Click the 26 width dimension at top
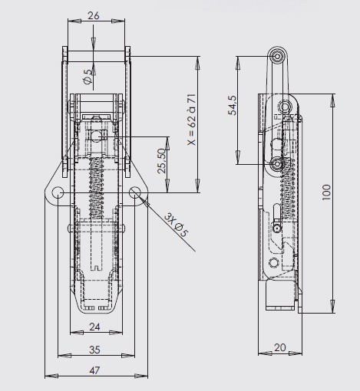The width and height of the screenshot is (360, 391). point(94,15)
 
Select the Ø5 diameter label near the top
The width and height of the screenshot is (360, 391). point(88,77)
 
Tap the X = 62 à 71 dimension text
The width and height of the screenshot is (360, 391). point(191,120)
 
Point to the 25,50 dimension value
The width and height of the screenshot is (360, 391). point(162,161)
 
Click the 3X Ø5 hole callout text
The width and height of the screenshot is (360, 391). point(176,225)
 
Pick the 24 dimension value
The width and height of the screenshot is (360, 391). point(94,327)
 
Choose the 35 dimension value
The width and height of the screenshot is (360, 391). point(94,350)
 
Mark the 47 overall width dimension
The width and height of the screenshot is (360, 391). point(94,370)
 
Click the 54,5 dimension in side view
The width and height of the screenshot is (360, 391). point(233,105)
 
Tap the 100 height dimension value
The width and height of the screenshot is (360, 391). point(326,192)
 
